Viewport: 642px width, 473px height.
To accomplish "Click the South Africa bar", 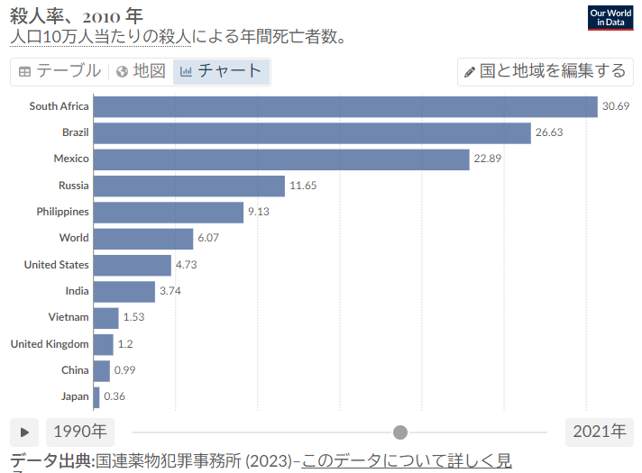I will [345, 106].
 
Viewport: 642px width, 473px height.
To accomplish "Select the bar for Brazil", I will [312, 132].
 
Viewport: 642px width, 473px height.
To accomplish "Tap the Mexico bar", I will [281, 159].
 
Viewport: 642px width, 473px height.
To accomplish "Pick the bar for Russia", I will [189, 186].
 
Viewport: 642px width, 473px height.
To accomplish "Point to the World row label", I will [74, 238].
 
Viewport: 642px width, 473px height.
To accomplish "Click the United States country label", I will [56, 265].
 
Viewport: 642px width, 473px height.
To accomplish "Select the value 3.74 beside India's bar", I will [170, 291].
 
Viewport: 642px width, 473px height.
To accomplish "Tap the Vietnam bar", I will [106, 317].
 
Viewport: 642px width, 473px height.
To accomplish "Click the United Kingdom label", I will [50, 344].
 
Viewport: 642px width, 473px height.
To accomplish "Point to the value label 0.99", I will [125, 370].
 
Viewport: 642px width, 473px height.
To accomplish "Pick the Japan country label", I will [75, 396].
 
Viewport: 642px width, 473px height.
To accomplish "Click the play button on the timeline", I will [24, 432].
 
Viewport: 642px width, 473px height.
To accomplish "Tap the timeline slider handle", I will [400, 432].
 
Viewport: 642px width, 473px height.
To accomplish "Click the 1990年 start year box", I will [80, 432].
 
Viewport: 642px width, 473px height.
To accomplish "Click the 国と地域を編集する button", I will [544, 71].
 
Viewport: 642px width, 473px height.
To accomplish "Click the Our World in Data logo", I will [610, 17].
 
